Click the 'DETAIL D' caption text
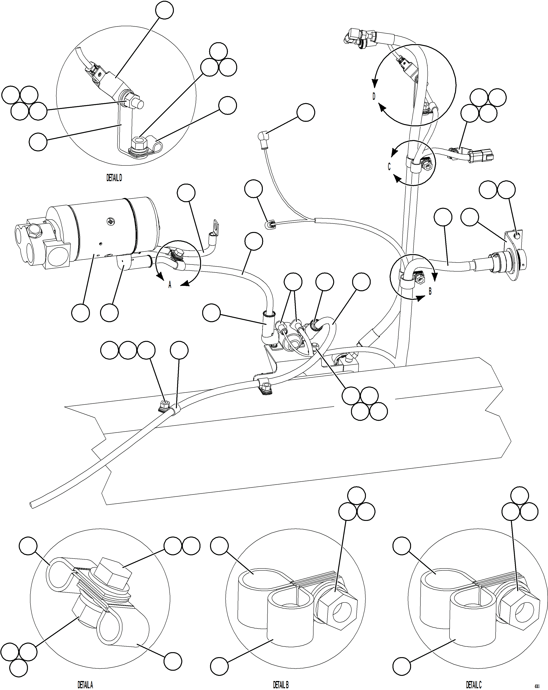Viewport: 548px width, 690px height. (x=114, y=178)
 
